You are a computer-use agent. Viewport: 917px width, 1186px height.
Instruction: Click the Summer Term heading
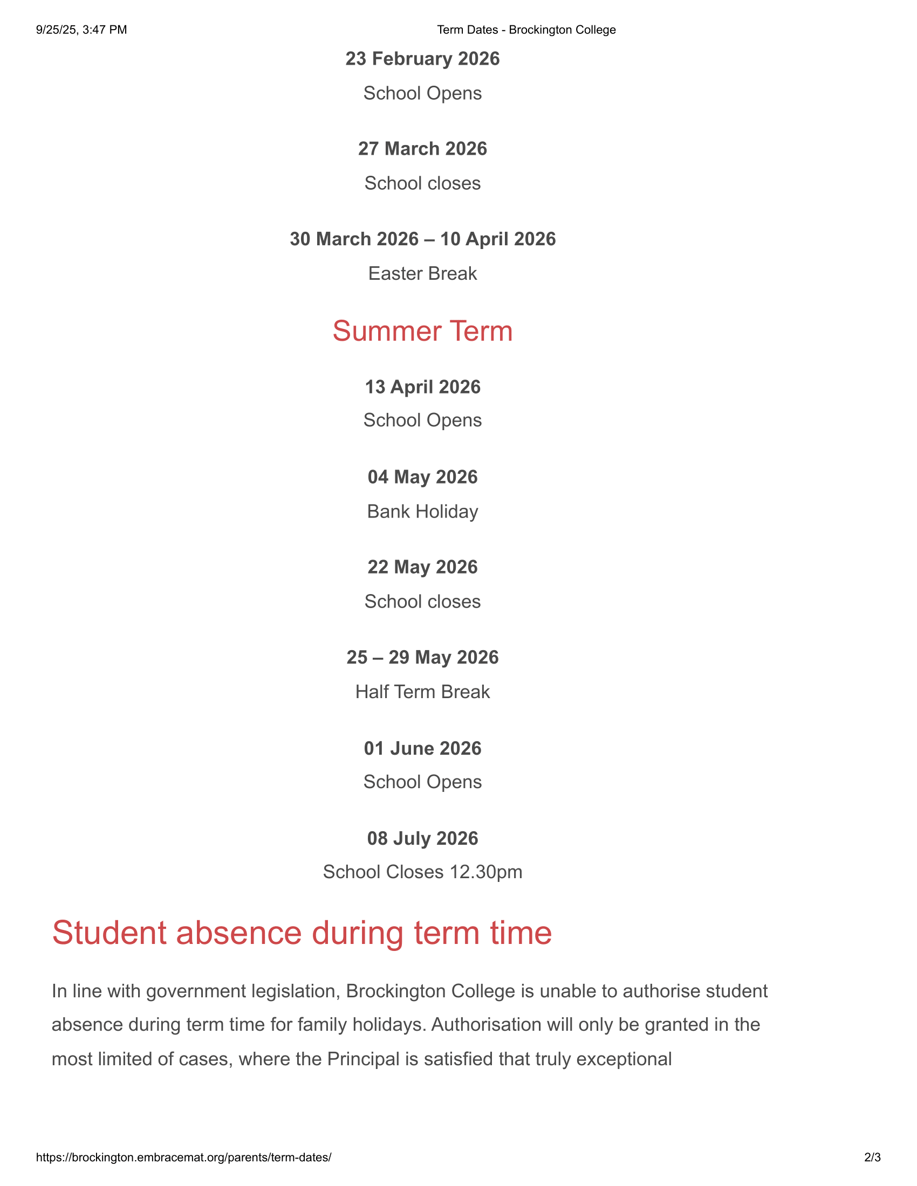coord(422,331)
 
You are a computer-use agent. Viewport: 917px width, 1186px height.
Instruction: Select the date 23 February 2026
coord(422,59)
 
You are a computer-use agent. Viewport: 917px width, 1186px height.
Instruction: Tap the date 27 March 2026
coord(422,149)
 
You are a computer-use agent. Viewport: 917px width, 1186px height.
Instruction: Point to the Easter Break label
coord(422,274)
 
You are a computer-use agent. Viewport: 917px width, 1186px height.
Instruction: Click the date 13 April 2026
coord(422,387)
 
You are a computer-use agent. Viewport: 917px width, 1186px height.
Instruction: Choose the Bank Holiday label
coord(422,512)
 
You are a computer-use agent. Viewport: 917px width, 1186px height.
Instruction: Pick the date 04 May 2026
coord(422,477)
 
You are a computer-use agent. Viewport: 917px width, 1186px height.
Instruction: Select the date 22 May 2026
coord(422,568)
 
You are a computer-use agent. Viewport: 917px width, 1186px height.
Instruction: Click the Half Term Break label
coord(422,692)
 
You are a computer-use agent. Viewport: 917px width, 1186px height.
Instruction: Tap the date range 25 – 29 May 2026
coord(422,658)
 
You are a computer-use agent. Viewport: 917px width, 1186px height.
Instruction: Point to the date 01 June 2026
coord(422,748)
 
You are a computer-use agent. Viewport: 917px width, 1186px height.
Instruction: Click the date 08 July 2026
coord(422,838)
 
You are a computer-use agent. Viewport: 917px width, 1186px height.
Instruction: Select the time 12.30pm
coord(485,872)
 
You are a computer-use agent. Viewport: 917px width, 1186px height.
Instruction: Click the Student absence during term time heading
coord(302,933)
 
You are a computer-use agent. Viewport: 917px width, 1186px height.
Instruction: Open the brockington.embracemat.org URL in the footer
coord(183,1157)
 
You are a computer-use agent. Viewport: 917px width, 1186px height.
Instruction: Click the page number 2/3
coord(872,1157)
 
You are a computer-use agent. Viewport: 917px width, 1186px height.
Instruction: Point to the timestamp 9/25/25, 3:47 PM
coord(81,30)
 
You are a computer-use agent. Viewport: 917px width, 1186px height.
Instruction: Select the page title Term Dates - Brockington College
coord(526,30)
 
